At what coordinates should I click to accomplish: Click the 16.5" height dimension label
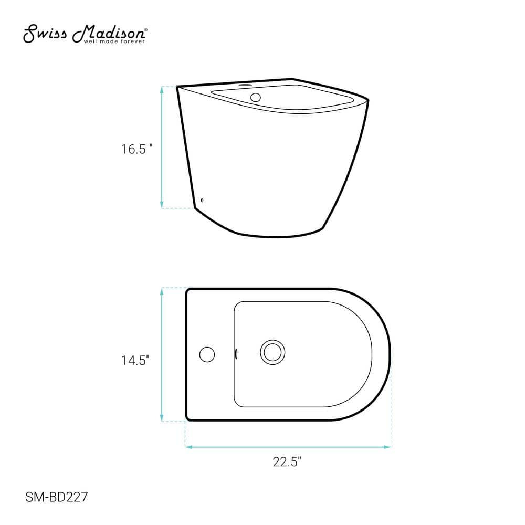tap(136, 149)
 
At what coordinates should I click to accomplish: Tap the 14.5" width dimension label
tap(135, 360)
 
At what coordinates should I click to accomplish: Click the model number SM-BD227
tap(56, 497)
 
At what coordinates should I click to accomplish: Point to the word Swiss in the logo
tap(45, 34)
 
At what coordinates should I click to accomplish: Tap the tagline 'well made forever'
tap(114, 41)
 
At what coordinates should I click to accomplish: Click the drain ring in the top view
tap(272, 352)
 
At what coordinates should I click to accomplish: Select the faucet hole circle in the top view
tap(207, 354)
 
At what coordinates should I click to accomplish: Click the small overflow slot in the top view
tap(236, 353)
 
